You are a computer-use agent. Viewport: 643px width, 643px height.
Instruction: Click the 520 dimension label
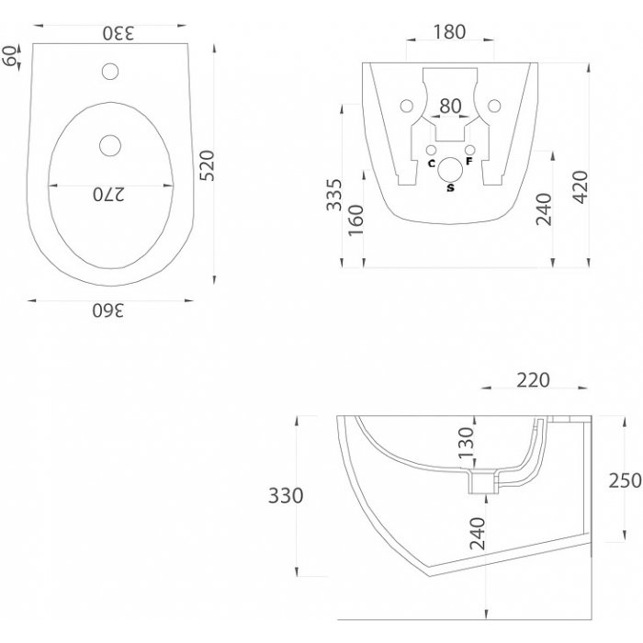207,165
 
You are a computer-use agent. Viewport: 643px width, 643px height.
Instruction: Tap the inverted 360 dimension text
107,310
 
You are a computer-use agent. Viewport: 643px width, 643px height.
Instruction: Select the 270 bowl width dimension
108,195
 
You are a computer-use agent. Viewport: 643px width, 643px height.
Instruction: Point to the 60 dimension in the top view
10,56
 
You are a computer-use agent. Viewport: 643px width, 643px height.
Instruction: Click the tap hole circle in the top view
110,72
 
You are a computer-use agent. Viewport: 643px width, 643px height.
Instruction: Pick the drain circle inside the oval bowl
110,145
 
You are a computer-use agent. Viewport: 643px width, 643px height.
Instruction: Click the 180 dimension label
449,32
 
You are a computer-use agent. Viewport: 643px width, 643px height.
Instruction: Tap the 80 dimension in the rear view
450,107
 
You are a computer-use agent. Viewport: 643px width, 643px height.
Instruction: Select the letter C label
432,164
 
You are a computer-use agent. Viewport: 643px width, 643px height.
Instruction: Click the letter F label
469,161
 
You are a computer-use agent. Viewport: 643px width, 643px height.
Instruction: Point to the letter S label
451,187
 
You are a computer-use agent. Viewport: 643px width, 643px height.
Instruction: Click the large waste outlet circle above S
450,170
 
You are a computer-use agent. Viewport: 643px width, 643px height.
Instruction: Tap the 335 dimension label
333,195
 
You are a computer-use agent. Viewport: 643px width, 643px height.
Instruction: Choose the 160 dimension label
355,220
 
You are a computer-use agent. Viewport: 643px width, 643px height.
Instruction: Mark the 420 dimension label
581,187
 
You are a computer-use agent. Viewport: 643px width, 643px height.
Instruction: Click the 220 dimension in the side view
533,380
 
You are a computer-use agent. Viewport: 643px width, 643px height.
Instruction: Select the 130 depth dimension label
467,443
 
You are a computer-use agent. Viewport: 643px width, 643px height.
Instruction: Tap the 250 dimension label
625,480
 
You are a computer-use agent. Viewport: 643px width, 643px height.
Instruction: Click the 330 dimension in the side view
286,495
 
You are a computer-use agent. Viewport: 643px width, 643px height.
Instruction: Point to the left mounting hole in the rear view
406,106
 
